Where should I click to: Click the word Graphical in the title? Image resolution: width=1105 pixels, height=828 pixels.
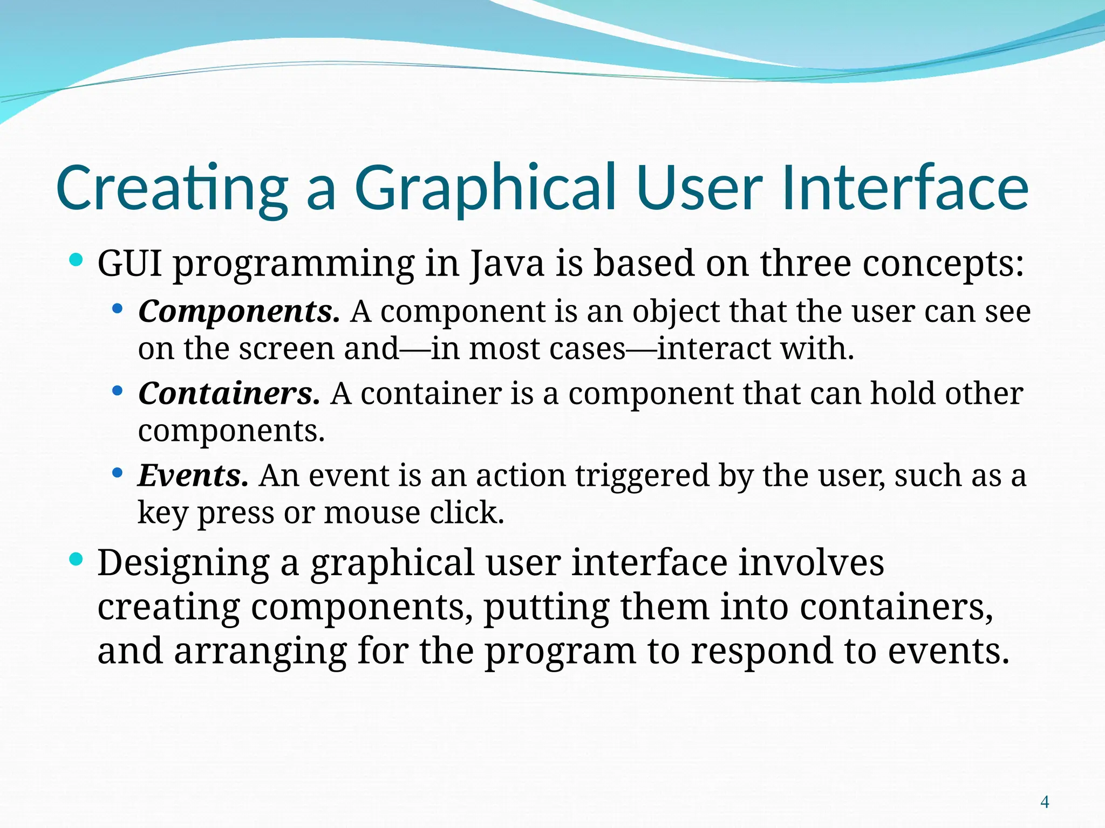pyautogui.click(x=486, y=189)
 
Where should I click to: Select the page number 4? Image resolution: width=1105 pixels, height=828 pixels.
pyautogui.click(x=1045, y=802)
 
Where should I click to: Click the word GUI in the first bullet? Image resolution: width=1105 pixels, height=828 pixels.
pyautogui.click(x=129, y=264)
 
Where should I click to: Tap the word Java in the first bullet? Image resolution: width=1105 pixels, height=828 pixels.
pyautogui.click(x=507, y=264)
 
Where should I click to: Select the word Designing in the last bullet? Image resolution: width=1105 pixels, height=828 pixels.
pyautogui.click(x=183, y=563)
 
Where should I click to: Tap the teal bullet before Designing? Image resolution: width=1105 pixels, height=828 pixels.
pyautogui.click(x=77, y=560)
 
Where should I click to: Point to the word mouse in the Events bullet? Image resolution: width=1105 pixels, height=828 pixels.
pyautogui.click(x=372, y=513)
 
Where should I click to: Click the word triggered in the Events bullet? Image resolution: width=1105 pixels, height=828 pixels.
pyautogui.click(x=642, y=476)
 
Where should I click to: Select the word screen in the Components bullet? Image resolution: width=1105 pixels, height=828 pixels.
pyautogui.click(x=287, y=349)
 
